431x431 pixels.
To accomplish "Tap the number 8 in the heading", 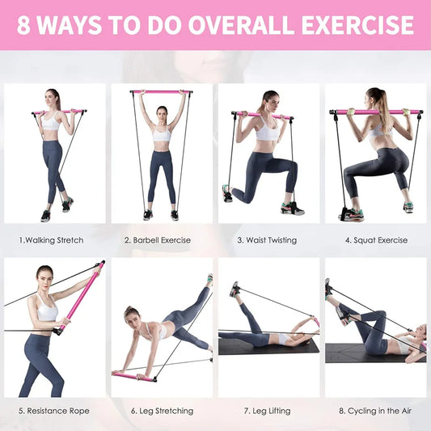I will pos(26,25).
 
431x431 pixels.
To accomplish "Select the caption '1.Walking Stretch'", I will pos(51,240).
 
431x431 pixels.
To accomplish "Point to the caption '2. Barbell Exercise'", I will pos(158,240).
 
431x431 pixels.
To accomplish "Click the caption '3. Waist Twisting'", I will pos(267,240).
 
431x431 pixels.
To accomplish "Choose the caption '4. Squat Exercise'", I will pos(375,240).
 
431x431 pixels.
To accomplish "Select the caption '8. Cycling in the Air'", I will pos(375,411).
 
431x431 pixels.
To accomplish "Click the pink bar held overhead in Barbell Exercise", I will pos(161,93).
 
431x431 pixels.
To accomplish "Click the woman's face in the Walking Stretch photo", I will pos(53,99).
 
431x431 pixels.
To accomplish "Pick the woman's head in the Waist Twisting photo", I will pos(268,102).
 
